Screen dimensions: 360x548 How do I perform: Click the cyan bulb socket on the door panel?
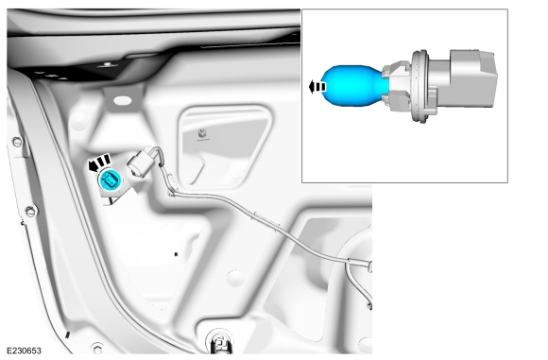coord(110,181)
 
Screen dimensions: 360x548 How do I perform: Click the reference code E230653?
coord(24,350)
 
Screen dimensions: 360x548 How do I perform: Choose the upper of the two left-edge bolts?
coord(16,143)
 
